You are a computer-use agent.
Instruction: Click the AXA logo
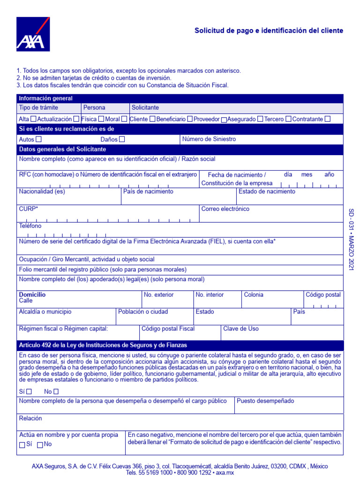[x=33, y=34]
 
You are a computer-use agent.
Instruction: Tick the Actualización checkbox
[x=76, y=119]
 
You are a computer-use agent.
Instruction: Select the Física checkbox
[x=101, y=119]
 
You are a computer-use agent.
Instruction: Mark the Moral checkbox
[x=124, y=119]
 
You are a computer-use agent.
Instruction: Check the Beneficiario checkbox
[x=189, y=119]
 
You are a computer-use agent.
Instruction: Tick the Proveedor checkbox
[x=224, y=120]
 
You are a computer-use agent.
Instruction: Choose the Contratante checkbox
[x=327, y=119]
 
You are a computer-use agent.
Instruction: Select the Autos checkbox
[x=38, y=139]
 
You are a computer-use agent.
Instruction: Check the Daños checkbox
[x=122, y=139]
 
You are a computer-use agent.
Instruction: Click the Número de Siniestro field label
[x=209, y=139]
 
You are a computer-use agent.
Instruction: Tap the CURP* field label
[x=29, y=209]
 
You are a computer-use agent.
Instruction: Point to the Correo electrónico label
[x=225, y=209]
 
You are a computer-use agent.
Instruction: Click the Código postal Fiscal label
[x=168, y=329]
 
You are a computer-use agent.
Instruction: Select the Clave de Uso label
[x=240, y=329]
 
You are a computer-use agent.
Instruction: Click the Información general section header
[x=45, y=98]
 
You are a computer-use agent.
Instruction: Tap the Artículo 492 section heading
[x=103, y=345]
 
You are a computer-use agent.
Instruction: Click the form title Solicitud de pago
[x=269, y=30]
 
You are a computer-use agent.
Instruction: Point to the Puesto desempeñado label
[x=265, y=401]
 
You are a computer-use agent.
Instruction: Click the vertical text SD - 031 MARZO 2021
[x=352, y=239]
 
